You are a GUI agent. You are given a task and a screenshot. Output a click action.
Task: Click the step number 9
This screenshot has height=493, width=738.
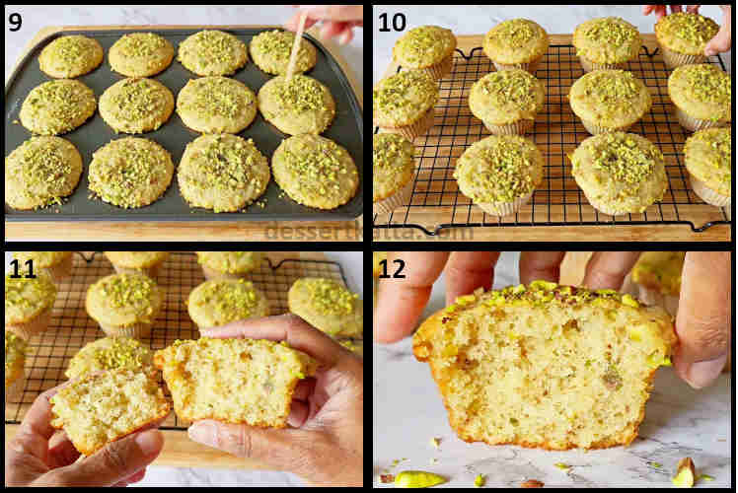[x=15, y=21]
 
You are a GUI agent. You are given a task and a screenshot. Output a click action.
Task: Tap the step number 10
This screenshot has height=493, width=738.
[x=391, y=21]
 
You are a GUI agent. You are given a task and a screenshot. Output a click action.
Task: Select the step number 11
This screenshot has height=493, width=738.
[x=21, y=269]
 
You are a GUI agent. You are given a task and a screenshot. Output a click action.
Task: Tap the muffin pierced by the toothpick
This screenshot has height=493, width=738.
[x=295, y=104]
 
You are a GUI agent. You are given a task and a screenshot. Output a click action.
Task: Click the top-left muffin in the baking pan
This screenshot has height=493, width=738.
[x=69, y=55]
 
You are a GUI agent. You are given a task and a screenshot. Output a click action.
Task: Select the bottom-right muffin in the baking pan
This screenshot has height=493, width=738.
[x=315, y=169]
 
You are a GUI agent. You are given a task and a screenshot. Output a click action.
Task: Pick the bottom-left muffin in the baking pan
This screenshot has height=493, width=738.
[x=43, y=171]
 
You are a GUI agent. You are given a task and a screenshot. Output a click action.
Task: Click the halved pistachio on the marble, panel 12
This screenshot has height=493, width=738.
[x=417, y=479]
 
